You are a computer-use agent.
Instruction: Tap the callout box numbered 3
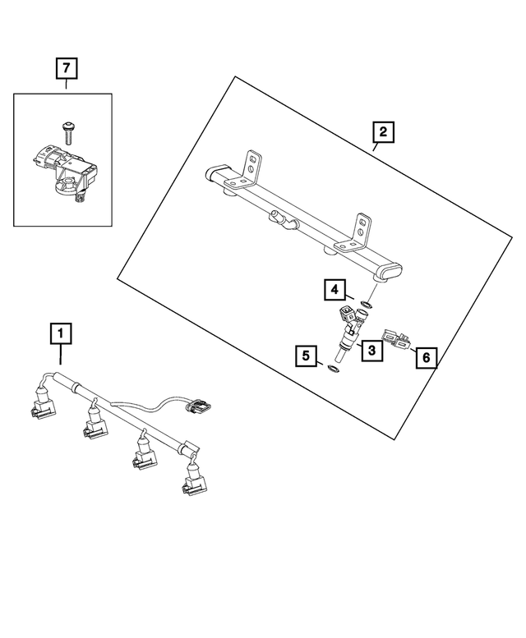click(371, 351)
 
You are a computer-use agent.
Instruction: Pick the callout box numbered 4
click(334, 289)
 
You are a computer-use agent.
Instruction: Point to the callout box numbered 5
click(306, 356)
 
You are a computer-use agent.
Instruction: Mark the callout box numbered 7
click(66, 68)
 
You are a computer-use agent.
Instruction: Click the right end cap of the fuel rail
click(390, 274)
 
